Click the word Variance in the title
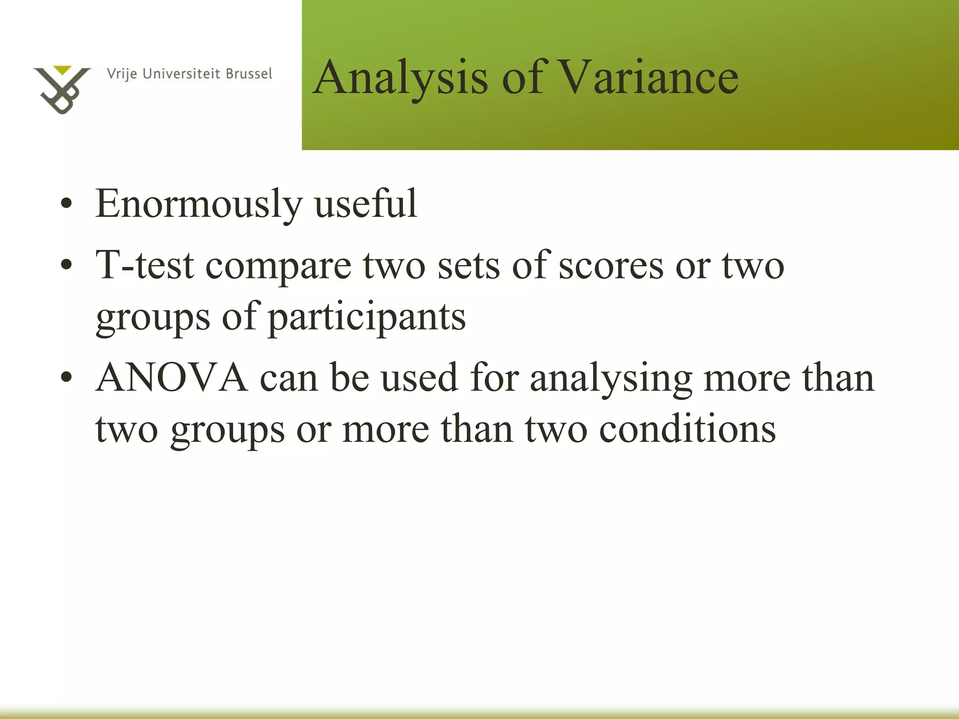pyautogui.click(x=649, y=77)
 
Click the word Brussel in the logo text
pyautogui.click(x=249, y=74)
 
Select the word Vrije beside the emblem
pyautogui.click(x=122, y=74)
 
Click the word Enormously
pyautogui.click(x=199, y=204)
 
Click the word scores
pyautogui.click(x=611, y=266)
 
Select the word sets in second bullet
pyautogui.click(x=468, y=266)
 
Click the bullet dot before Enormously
pyautogui.click(x=66, y=205)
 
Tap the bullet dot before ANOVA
pyautogui.click(x=66, y=378)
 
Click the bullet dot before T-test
pyautogui.click(x=66, y=265)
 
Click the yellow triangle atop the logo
pyautogui.click(x=62, y=70)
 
